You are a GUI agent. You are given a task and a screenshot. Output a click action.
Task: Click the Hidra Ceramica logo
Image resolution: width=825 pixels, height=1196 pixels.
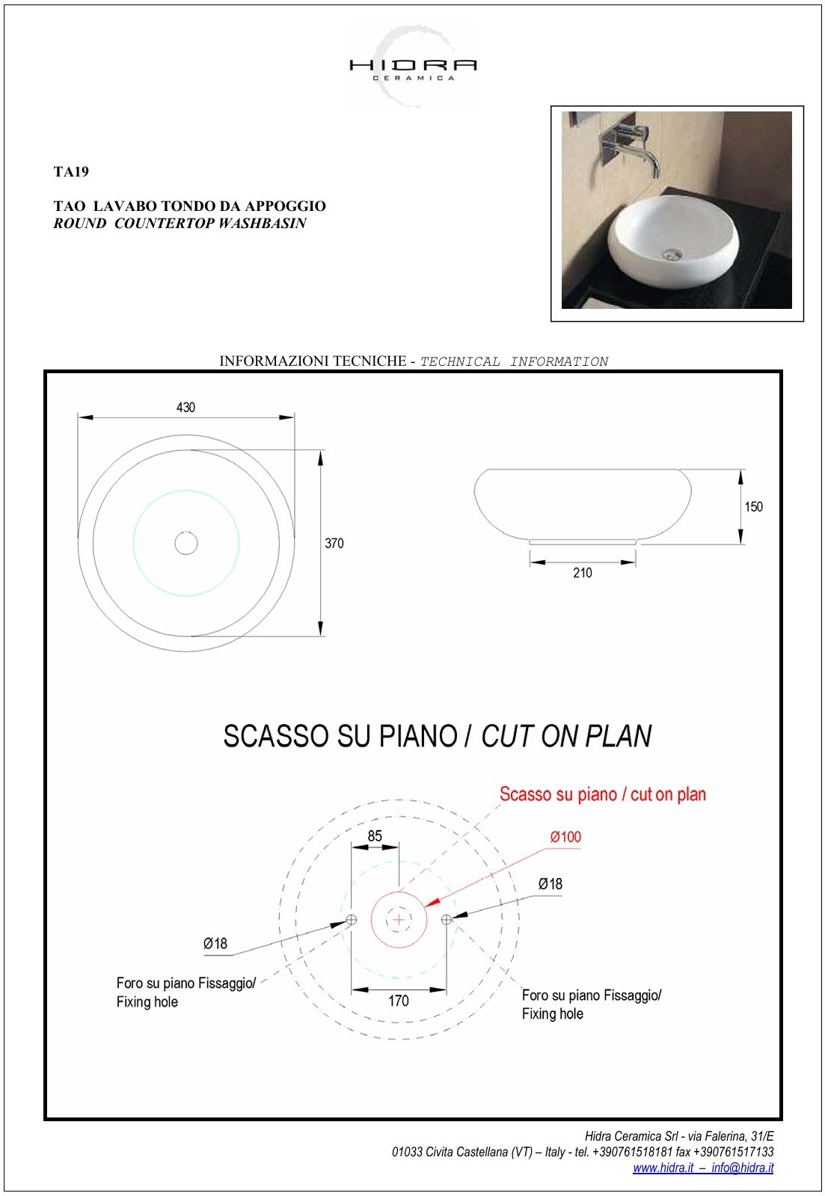point(413,67)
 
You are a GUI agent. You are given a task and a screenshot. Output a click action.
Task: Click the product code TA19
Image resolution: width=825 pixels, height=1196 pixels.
point(71,172)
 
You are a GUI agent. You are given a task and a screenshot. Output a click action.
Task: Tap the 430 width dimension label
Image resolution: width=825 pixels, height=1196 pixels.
point(185,408)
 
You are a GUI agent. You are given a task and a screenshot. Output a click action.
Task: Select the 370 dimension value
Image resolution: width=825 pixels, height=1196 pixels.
point(334,544)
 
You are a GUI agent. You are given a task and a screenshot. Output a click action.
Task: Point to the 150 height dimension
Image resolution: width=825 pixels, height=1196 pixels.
point(753,507)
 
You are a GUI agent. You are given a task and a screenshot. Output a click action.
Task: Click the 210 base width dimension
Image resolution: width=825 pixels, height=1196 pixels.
point(582,573)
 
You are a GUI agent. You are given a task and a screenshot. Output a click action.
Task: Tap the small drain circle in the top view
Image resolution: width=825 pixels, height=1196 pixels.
point(186,543)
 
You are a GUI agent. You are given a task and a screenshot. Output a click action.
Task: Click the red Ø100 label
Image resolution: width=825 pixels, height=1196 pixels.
point(565,837)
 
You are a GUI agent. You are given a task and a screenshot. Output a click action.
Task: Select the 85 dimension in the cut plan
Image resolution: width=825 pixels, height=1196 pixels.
point(375,836)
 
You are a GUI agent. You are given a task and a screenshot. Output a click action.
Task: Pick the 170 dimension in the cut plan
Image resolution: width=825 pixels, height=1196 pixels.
point(398,1001)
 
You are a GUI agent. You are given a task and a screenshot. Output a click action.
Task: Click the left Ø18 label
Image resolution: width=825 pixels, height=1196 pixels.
point(215,944)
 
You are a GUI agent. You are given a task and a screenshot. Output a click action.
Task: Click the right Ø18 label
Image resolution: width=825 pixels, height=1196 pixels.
point(550,884)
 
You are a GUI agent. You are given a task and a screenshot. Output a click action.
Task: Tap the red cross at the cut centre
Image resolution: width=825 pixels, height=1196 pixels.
point(399,919)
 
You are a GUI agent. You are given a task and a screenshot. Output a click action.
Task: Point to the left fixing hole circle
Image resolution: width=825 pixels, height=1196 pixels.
point(352,919)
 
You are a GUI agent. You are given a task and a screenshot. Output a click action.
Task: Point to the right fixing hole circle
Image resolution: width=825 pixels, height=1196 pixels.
point(447,919)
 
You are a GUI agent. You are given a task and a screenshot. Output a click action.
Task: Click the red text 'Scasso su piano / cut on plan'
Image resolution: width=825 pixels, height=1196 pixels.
point(603,794)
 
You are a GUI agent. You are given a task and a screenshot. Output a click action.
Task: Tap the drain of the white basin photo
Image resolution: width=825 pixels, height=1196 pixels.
point(672,254)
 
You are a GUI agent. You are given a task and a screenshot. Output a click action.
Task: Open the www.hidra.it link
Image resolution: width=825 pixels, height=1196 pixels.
point(663,1168)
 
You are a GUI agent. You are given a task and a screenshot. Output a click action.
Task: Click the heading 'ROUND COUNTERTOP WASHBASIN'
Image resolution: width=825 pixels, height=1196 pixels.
point(180,224)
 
